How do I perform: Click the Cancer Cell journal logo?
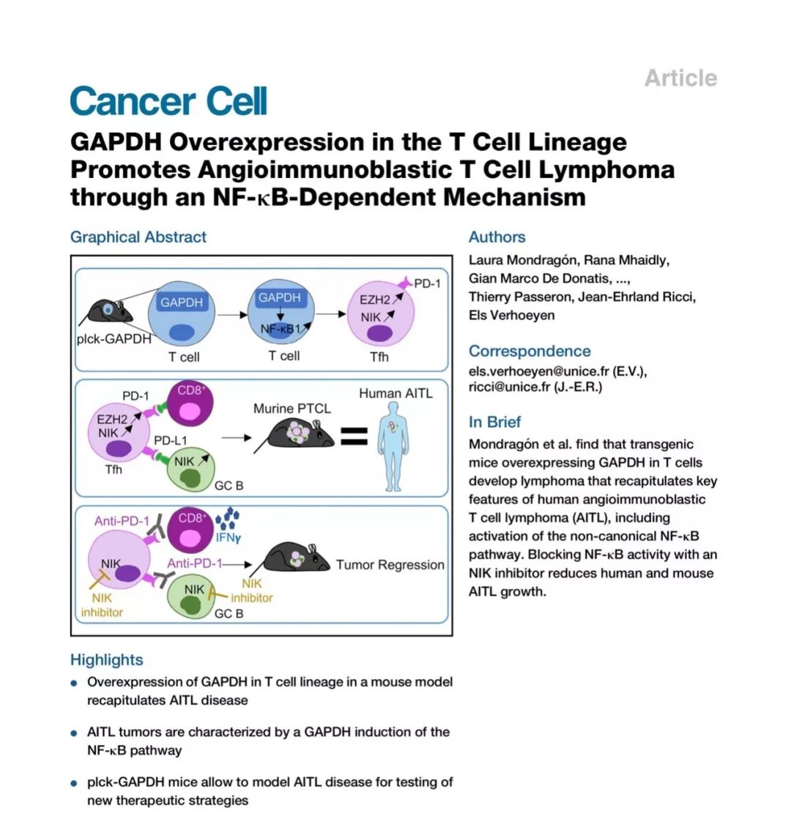[x=168, y=101]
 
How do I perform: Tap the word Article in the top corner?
[x=680, y=78]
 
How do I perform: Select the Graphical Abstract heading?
[x=138, y=237]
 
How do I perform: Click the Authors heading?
[x=497, y=237]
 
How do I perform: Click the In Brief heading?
[x=495, y=422]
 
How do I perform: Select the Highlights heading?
[x=106, y=660]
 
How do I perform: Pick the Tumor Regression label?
[x=390, y=565]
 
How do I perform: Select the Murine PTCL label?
[x=291, y=408]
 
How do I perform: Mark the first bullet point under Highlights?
[x=74, y=683]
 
